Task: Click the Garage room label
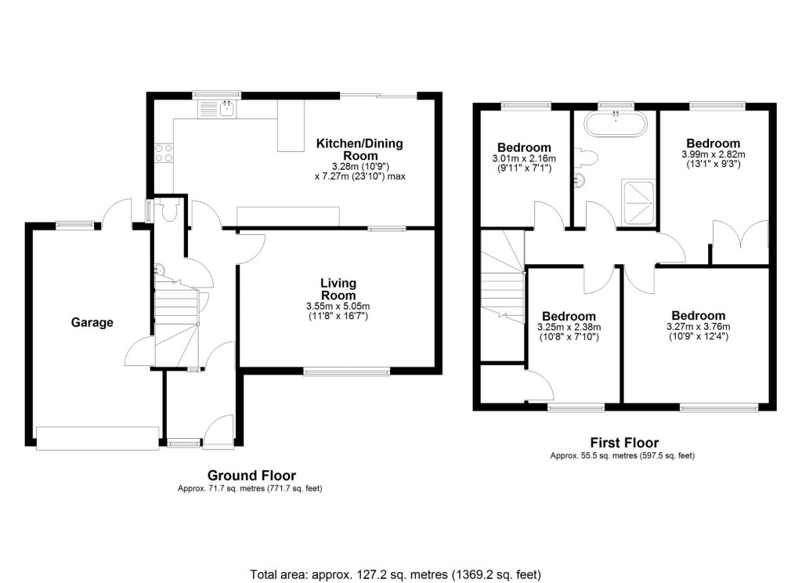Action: tap(92, 322)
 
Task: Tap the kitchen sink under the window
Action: tap(228, 109)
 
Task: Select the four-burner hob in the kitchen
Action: tap(164, 152)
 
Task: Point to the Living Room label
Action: tap(338, 288)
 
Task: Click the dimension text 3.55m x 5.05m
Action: tap(338, 306)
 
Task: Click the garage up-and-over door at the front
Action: tap(98, 436)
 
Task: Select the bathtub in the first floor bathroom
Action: tap(616, 124)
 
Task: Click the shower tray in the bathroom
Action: tap(639, 200)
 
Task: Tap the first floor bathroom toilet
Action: tap(588, 158)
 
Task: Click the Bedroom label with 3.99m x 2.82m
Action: tap(713, 143)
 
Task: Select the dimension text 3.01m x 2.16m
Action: tap(524, 158)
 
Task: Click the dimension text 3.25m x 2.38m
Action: tap(569, 327)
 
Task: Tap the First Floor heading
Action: tap(623, 443)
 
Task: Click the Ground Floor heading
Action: tap(251, 475)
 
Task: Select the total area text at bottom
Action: tap(395, 573)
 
